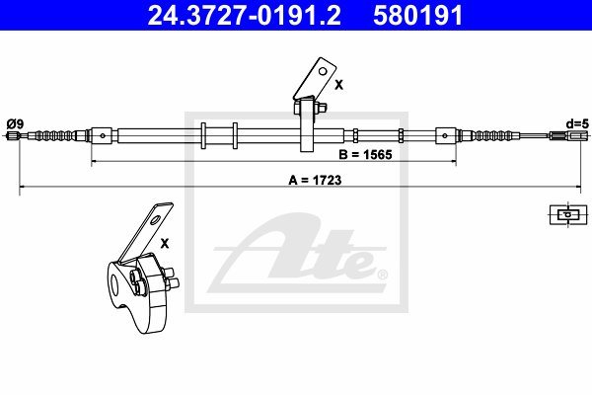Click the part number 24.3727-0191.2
[x=245, y=16]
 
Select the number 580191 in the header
[x=418, y=16]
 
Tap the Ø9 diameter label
[x=16, y=123]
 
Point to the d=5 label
[x=577, y=123]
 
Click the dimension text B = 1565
[x=365, y=155]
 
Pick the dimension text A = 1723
[x=315, y=181]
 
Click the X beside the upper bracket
[x=339, y=85]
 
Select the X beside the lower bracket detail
[x=165, y=244]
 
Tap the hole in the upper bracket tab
[x=323, y=71]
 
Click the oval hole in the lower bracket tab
[x=156, y=219]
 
